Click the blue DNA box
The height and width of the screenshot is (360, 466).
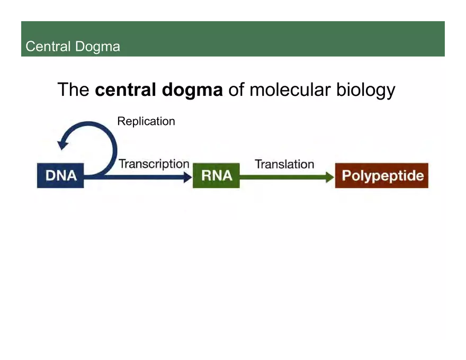(60, 175)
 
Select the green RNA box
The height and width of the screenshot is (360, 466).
(216, 175)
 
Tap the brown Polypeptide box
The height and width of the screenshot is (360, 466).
(381, 175)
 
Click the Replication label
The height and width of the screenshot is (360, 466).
(146, 121)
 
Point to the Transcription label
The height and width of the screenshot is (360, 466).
(154, 164)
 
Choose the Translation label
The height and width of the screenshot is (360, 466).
(284, 164)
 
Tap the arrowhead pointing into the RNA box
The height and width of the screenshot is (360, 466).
(187, 177)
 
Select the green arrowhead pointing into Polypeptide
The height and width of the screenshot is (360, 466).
(329, 177)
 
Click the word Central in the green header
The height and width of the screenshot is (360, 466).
(48, 47)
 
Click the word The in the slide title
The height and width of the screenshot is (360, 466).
(73, 89)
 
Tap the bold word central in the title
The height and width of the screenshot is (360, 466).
(126, 89)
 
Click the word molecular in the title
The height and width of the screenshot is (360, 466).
(290, 89)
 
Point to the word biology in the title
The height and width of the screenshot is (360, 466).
(366, 91)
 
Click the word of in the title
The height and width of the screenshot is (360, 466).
(236, 89)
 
